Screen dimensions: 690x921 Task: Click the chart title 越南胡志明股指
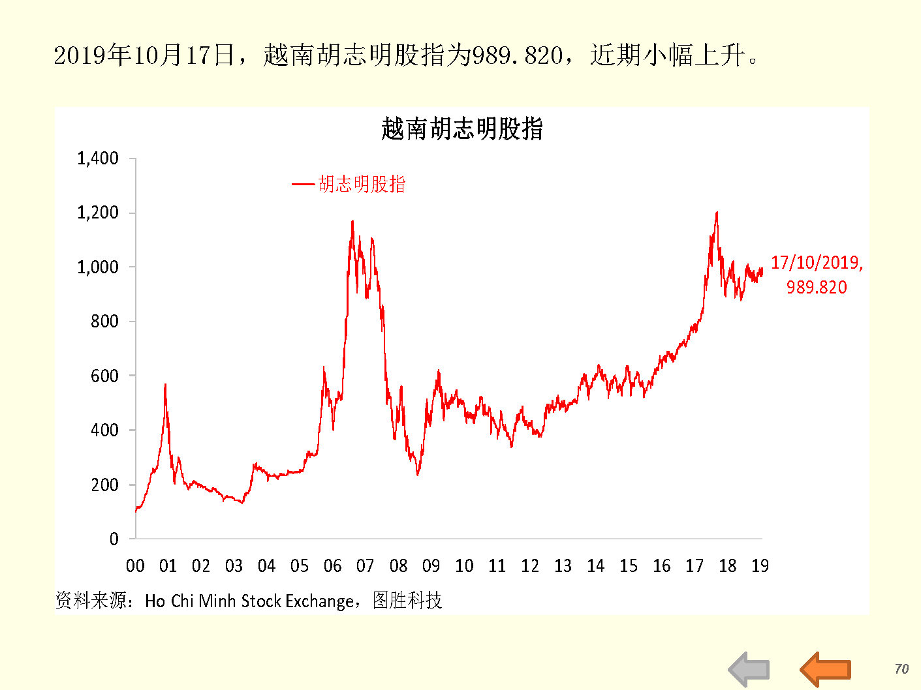[x=461, y=129]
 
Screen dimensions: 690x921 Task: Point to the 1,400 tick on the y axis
[x=98, y=158]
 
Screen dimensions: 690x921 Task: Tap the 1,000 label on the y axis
[x=98, y=267]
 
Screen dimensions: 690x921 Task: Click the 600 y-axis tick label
[x=104, y=376]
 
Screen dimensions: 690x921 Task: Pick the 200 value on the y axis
[x=104, y=485]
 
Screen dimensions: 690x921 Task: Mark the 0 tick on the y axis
[x=114, y=539]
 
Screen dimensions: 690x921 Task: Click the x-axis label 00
[x=135, y=566]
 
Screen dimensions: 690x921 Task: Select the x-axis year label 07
[x=365, y=566]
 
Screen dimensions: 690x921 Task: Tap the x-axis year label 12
[x=529, y=566]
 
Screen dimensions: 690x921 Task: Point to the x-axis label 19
[x=760, y=566]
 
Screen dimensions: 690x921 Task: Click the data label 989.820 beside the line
[x=816, y=288]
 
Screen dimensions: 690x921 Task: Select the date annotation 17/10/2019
[x=817, y=263]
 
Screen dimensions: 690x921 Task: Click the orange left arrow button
[x=825, y=669]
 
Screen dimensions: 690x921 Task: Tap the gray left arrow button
[x=749, y=669]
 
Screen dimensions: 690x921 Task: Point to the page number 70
[x=901, y=669]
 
